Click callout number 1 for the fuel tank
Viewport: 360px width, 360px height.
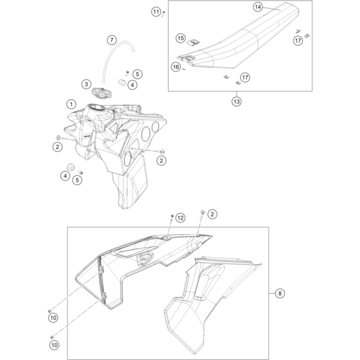coord(71,104)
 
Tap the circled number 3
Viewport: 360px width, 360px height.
coord(86,84)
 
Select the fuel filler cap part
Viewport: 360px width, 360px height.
coord(102,91)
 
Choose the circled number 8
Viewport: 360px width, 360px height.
coord(279,293)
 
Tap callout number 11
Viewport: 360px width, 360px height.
coord(156,11)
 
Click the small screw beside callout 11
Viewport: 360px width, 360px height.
coord(164,13)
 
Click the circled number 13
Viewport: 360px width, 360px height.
coord(236,101)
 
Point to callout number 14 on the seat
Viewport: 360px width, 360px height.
coord(258,7)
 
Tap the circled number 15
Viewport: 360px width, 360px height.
coord(180,38)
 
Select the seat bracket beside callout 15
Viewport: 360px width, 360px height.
coord(192,42)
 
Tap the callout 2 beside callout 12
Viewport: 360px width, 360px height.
coord(213,213)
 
